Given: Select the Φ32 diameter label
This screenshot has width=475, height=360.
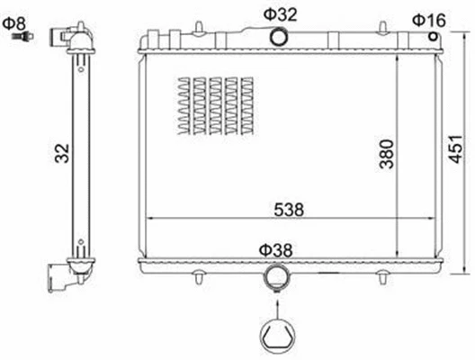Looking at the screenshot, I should coord(281,13).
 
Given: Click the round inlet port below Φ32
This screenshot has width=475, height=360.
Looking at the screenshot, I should coord(281,37).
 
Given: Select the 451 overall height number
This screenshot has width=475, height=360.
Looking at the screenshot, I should coord(456,148).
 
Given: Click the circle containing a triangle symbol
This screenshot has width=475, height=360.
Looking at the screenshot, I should coord(277,335).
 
